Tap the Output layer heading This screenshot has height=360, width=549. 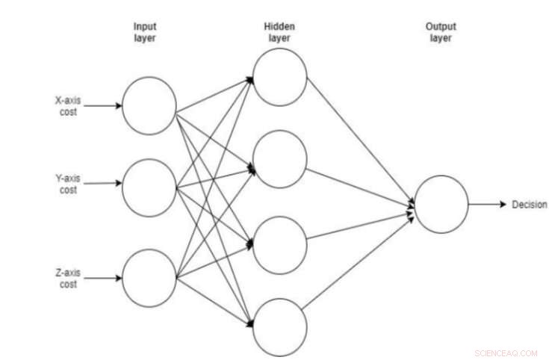[441, 33]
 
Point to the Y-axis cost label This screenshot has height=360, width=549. [66, 184]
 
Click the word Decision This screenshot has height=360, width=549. [529, 205]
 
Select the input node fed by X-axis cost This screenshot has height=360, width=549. [149, 105]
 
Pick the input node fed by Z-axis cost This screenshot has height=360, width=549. [149, 279]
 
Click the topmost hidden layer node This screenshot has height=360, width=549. [280, 77]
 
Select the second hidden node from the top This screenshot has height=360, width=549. [280, 158]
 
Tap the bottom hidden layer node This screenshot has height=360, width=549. [280, 326]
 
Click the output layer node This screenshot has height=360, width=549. [441, 204]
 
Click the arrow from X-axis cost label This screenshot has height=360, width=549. [102, 105]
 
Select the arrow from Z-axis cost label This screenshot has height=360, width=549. [102, 279]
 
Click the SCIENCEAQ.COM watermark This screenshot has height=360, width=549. [506, 353]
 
